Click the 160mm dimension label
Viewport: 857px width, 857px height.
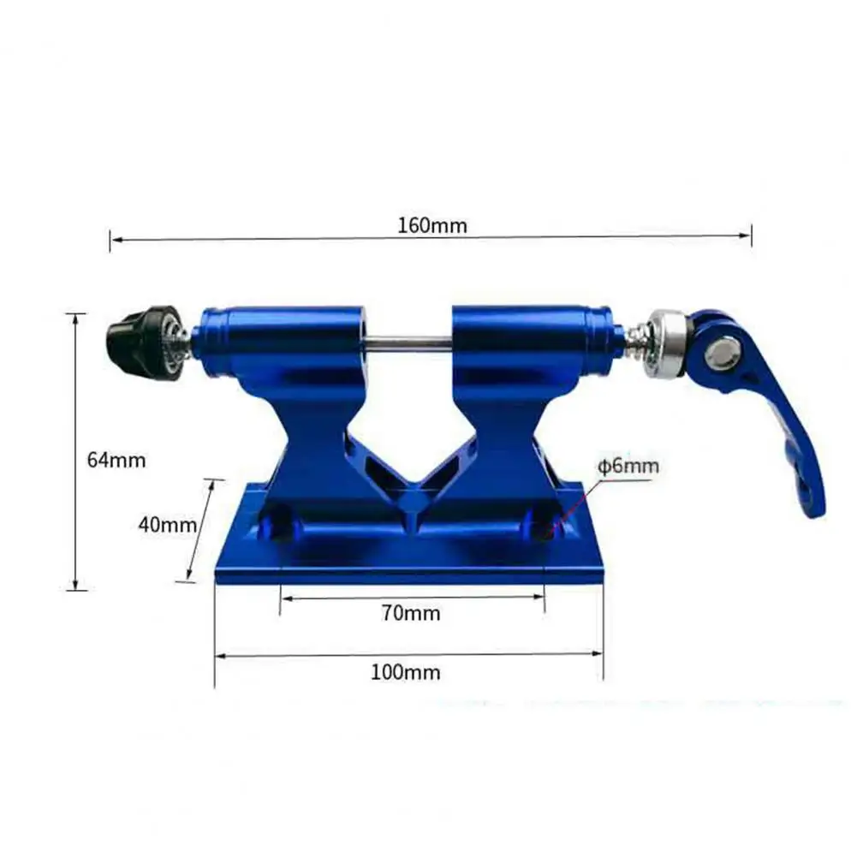(431, 225)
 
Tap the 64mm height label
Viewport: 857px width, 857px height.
(116, 460)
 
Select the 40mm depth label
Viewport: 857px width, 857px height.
(167, 525)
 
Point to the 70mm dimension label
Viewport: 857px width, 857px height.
(411, 613)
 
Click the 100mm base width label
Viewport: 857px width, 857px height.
(406, 672)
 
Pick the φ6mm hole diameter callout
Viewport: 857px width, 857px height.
(628, 467)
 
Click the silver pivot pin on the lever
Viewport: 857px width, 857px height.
(723, 354)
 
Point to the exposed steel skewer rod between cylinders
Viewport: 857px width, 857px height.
(409, 344)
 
